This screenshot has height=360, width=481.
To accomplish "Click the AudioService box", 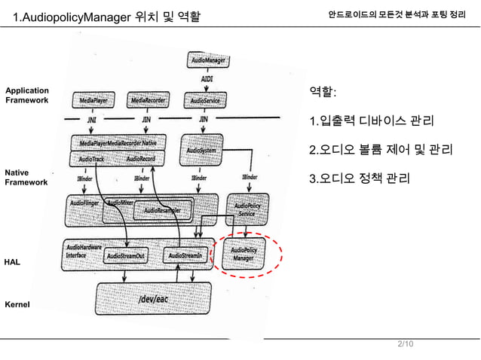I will coord(206,99).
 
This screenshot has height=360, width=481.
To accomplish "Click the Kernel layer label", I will coord(17,305).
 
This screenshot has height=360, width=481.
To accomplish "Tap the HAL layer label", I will coord(12,261).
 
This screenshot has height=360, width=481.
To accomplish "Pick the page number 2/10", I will coord(405,344).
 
